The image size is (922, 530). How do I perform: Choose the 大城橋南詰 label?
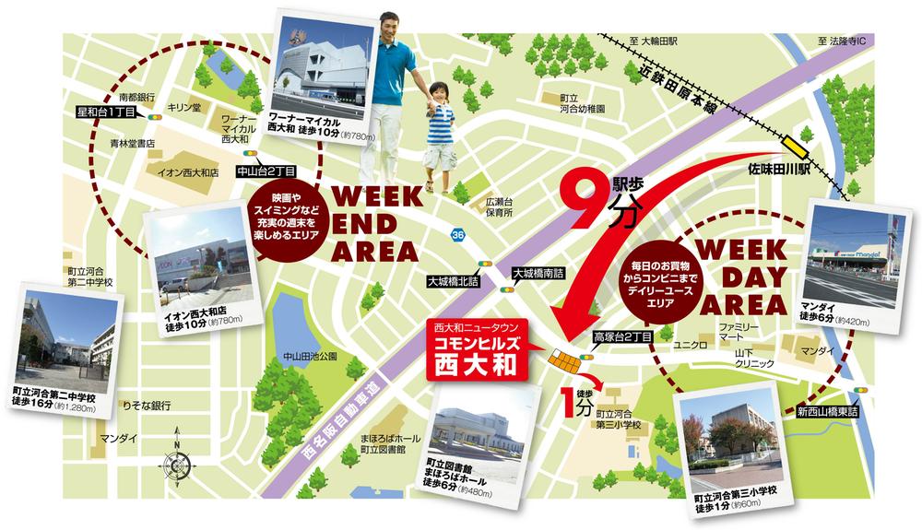point(538,274)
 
